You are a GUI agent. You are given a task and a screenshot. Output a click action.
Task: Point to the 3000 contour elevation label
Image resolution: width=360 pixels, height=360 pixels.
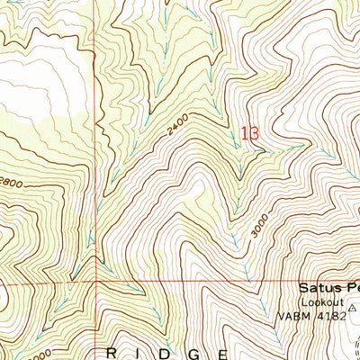pos(261,229)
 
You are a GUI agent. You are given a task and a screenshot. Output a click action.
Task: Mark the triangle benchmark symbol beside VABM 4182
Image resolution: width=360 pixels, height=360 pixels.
pos(353,307)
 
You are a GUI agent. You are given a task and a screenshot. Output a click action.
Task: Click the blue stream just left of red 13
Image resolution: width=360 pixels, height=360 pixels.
pos(236,135)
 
